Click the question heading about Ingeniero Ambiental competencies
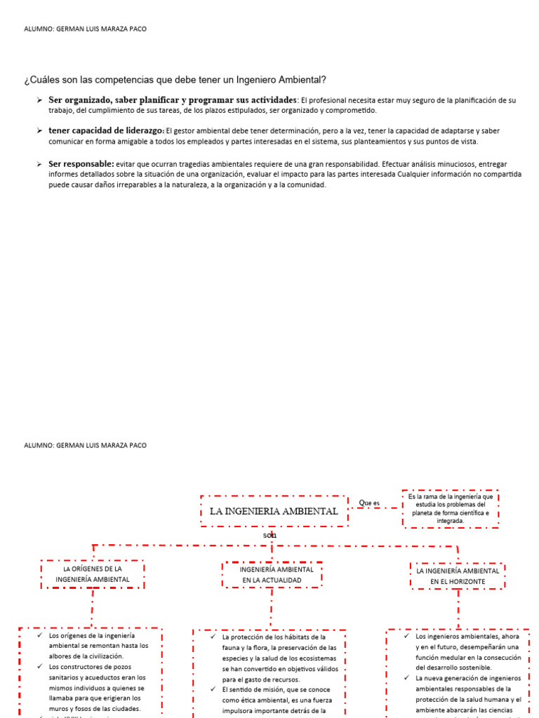point(175,80)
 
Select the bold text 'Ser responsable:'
point(81,163)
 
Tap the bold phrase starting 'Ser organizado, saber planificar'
point(173,100)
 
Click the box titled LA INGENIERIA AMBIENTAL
point(274,511)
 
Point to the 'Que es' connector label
point(368,503)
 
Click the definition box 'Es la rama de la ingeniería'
point(450,508)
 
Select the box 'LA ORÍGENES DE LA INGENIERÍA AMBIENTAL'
point(93,574)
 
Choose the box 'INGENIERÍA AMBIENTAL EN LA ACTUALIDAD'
point(272,574)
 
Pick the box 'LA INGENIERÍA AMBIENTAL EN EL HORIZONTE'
point(458,576)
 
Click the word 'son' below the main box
point(270,535)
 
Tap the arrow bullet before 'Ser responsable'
point(39,163)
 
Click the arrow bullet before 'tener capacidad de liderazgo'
point(39,130)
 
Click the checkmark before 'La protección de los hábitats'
point(212,637)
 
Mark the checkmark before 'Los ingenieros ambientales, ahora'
point(406,636)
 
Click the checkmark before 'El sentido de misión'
point(212,689)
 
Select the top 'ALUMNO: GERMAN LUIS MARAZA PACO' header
point(86,29)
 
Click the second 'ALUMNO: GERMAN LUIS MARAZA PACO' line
point(86,445)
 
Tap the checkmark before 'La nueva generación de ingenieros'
point(406,678)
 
